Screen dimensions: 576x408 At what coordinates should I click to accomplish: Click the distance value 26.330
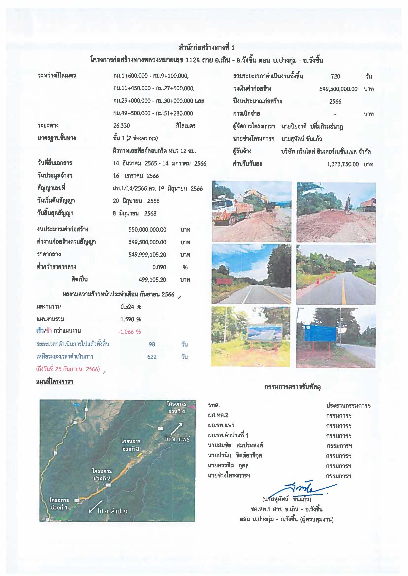pyautogui.click(x=122, y=126)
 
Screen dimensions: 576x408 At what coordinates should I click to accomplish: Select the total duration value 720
pyautogui.click(x=335, y=76)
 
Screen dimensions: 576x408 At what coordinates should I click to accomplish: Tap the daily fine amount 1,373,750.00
pyautogui.click(x=343, y=165)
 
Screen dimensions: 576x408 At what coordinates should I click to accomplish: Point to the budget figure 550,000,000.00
pyautogui.click(x=147, y=230)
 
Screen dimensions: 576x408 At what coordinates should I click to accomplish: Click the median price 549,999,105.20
pyautogui.click(x=147, y=255)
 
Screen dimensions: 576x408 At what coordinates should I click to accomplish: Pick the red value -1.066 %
pyautogui.click(x=130, y=332)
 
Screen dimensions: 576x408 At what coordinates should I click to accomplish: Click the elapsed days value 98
pyautogui.click(x=152, y=344)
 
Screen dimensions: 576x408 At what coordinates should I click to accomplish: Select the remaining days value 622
pyautogui.click(x=152, y=357)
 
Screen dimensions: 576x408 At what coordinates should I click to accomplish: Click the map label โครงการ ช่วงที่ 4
pyautogui.click(x=177, y=408)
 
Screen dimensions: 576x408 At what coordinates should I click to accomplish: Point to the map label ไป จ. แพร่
pyautogui.click(x=177, y=439)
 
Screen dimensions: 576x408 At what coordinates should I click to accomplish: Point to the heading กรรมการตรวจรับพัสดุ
pyautogui.click(x=292, y=387)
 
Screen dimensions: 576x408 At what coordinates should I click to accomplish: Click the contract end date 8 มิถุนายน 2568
pyautogui.click(x=135, y=214)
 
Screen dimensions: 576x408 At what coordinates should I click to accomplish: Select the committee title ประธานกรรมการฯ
pyautogui.click(x=348, y=406)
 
